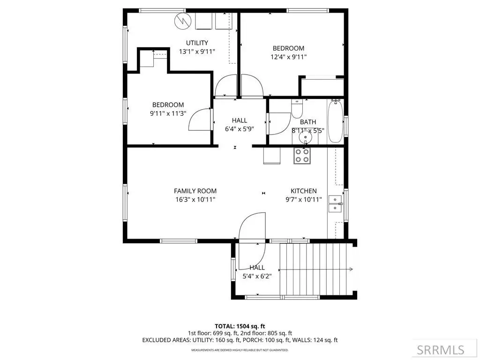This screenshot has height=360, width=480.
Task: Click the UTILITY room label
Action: tap(197, 43)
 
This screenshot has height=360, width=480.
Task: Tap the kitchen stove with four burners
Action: tap(302, 156)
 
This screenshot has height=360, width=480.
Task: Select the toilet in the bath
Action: tap(297, 109)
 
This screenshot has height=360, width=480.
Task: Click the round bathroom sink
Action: tap(305, 137)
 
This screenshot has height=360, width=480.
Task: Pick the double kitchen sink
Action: tap(335, 204)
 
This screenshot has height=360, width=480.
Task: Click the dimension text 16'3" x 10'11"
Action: tap(195, 200)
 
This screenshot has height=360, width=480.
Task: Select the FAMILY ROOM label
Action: tap(195, 191)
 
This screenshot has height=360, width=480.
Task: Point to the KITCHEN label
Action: tap(304, 191)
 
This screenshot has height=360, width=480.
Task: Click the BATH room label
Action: tap(308, 122)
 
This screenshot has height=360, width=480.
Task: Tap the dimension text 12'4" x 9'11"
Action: tap(288, 57)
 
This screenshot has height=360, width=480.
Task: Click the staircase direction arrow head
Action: tap(351, 270)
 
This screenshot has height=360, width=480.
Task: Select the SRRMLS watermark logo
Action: tap(441, 350)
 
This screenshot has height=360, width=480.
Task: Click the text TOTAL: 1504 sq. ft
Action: tap(240, 326)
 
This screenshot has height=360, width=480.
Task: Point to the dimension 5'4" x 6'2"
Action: tap(257, 277)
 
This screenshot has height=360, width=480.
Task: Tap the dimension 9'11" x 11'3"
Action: tap(168, 113)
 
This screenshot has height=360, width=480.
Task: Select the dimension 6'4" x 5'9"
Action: tap(240, 129)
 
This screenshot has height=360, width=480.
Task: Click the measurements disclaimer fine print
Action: tap(240, 350)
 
